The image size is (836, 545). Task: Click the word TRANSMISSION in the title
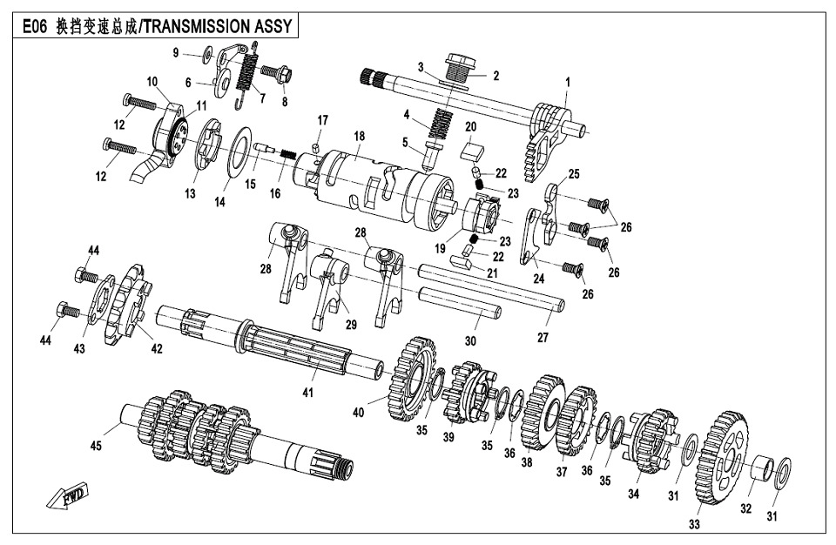point(197,26)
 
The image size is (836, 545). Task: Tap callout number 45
point(96,447)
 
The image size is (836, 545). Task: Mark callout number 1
point(567,82)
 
